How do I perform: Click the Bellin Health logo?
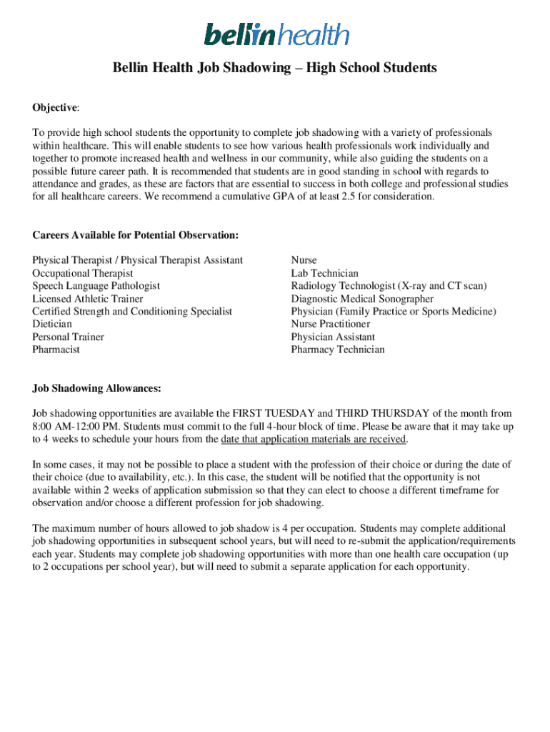coord(276,34)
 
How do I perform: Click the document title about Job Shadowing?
coord(275,69)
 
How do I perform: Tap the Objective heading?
coord(55,107)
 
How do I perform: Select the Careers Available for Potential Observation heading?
coord(135,235)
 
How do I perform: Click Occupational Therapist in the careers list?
coord(83,273)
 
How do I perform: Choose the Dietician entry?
coord(52,324)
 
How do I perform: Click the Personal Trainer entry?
coord(68,337)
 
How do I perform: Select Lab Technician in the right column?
coord(325,273)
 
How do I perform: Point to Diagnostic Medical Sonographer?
coord(362,299)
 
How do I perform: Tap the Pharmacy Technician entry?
coord(338,350)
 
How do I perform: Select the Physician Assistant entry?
coord(333,337)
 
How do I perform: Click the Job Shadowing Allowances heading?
coord(96,388)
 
